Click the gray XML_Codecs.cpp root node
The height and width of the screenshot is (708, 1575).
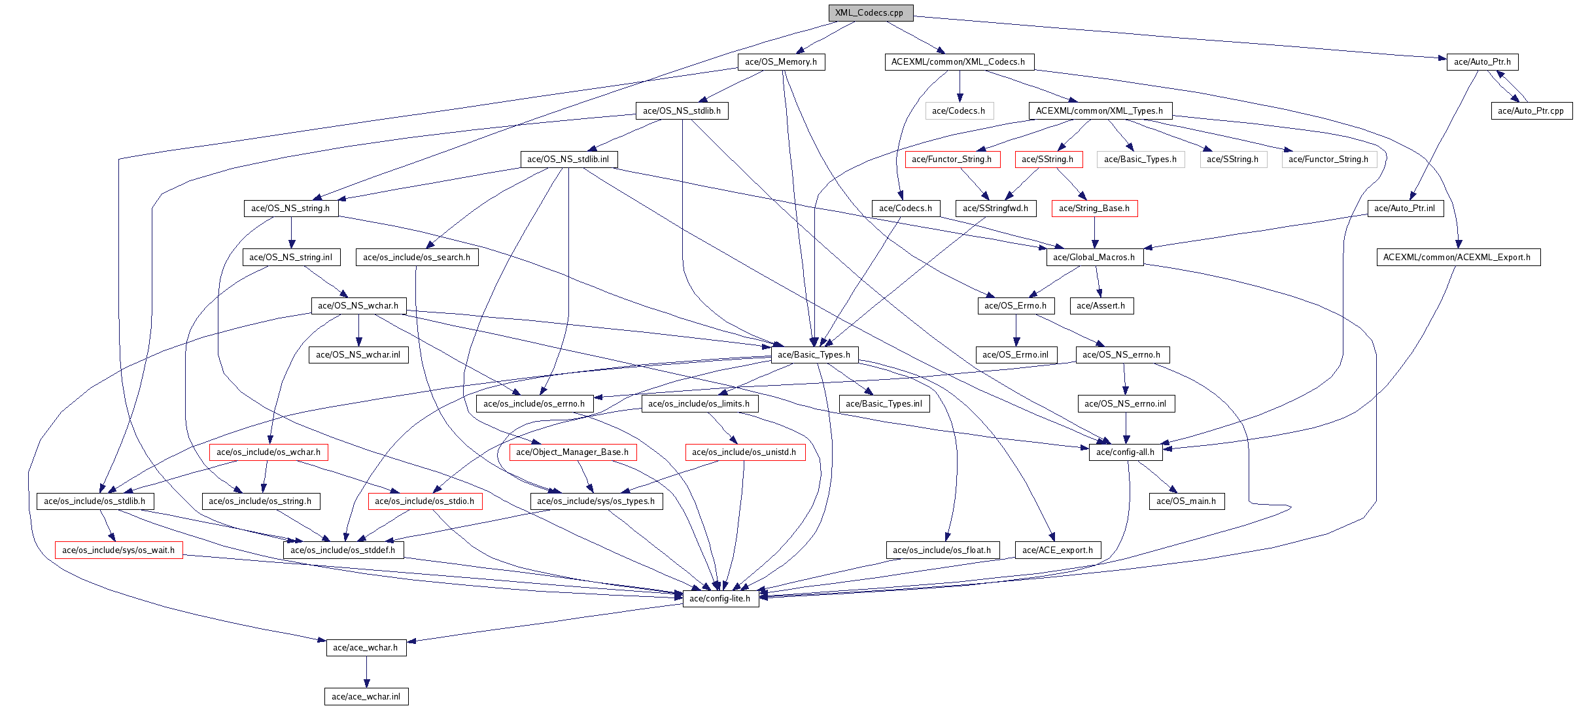click(x=870, y=13)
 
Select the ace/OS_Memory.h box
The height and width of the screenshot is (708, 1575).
click(x=781, y=62)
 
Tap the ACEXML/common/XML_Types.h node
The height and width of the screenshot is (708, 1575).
click(x=1099, y=111)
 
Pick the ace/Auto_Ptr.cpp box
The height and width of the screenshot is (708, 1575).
click(x=1531, y=111)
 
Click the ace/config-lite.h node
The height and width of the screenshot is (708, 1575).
click(x=720, y=599)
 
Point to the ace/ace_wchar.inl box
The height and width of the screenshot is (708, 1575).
click(x=366, y=697)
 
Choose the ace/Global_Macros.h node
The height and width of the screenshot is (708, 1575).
click(x=1094, y=258)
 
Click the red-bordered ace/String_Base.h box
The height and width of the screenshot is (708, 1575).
click(x=1094, y=209)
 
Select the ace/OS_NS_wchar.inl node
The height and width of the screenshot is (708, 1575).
click(x=358, y=355)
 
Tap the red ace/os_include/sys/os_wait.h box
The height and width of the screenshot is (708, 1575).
click(x=118, y=550)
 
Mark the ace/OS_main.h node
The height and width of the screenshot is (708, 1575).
click(x=1186, y=501)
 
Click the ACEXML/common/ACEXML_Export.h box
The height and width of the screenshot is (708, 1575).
click(x=1457, y=258)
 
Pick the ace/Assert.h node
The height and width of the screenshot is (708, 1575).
click(x=1101, y=306)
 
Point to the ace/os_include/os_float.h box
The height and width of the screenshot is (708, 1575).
click(x=942, y=550)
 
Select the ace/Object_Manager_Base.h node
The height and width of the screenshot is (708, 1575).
click(x=572, y=452)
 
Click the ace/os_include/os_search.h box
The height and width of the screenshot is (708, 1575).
click(x=417, y=258)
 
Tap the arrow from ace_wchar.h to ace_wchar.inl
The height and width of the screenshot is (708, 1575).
click(x=366, y=672)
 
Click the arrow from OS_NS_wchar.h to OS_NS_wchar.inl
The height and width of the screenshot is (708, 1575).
click(x=358, y=330)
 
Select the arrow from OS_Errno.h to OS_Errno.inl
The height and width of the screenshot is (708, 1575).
click(x=1016, y=330)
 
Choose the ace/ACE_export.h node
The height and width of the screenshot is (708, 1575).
click(x=1058, y=550)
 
